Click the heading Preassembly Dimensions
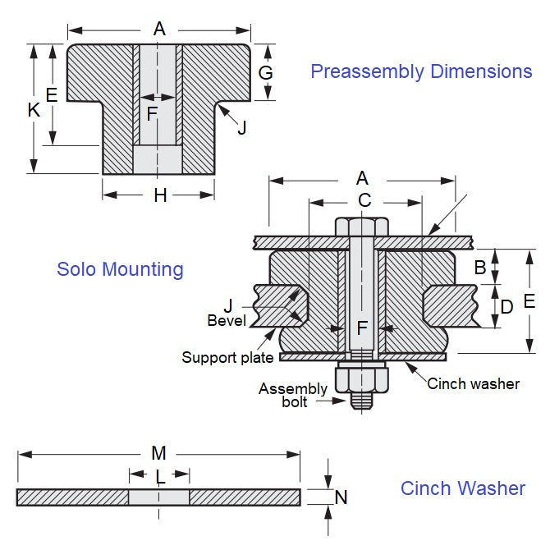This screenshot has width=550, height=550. point(421,71)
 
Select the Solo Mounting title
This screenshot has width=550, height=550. point(120,268)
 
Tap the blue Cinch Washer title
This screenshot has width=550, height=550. point(463,488)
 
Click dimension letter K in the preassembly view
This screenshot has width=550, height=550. point(34,109)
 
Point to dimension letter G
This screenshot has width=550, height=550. point(265,72)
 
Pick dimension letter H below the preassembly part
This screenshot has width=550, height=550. point(160,195)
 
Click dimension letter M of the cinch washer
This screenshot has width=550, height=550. point(159,453)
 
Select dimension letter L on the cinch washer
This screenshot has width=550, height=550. point(160,475)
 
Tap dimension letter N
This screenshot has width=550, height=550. point(341,497)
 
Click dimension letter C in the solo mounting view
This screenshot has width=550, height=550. point(364,199)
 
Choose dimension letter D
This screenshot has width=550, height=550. point(507,306)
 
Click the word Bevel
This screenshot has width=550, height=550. point(227,320)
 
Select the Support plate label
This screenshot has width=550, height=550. point(227,357)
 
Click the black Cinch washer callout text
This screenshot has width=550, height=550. point(473,383)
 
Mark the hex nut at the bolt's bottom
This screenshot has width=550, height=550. point(362,378)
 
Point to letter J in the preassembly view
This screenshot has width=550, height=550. point(241,127)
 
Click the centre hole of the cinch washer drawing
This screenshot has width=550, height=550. point(159,497)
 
